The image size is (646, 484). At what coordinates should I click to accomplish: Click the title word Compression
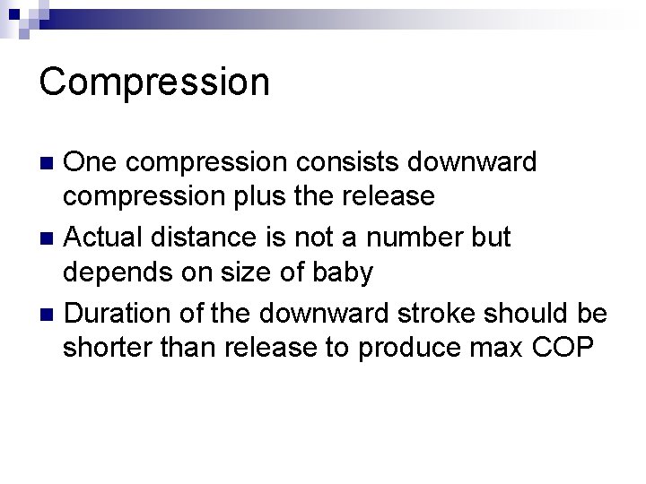pyautogui.click(x=154, y=82)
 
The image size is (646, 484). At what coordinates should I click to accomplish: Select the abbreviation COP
pyautogui.click(x=563, y=347)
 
